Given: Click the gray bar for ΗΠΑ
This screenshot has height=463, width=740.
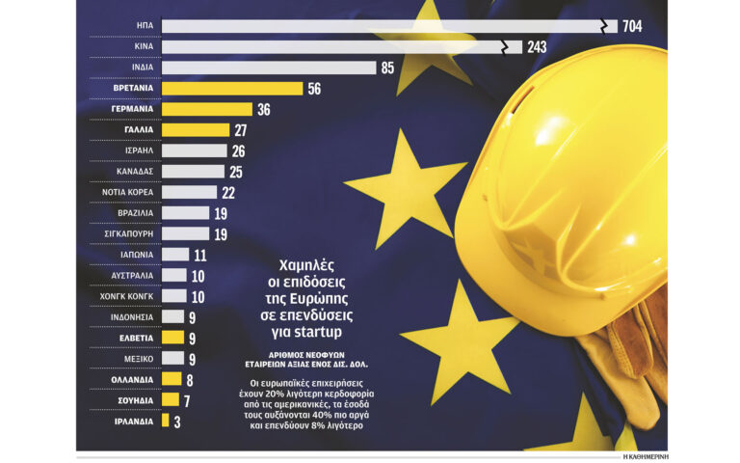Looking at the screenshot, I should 385,26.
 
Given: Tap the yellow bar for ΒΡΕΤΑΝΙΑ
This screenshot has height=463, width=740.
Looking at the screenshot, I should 232,89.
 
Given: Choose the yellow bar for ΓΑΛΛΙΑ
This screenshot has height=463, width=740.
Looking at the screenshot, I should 196,130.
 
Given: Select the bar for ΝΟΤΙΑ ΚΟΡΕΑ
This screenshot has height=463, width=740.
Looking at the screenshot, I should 189,192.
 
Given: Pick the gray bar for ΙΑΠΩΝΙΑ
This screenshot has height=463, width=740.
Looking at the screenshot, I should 175,255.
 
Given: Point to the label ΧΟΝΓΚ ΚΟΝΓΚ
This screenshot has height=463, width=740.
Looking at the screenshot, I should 125,296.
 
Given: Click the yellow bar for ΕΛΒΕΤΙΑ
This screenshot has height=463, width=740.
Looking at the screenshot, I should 172,338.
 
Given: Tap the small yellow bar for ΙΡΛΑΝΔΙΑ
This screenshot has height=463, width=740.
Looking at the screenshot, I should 166,421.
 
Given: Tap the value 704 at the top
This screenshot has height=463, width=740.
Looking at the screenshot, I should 632,26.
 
